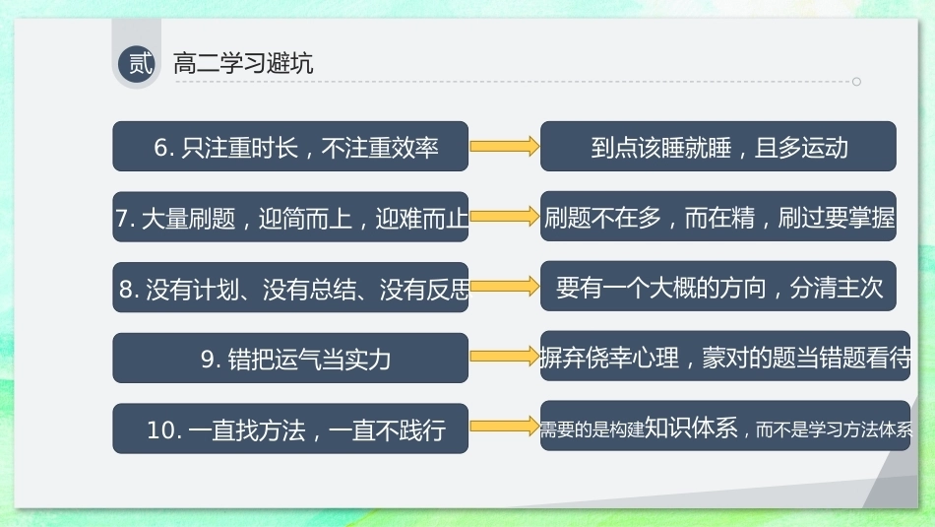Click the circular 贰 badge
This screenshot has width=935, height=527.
click(x=137, y=63)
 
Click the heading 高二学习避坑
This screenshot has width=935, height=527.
click(x=243, y=63)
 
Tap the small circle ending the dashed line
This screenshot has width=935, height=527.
click(x=856, y=82)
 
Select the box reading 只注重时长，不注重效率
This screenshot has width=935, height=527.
click(x=290, y=146)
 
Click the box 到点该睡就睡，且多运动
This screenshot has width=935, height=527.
click(x=717, y=146)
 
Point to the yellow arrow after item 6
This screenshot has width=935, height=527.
click(x=505, y=146)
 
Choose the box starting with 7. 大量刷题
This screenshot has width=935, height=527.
click(x=290, y=217)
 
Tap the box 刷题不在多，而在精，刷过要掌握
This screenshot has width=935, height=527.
click(x=717, y=216)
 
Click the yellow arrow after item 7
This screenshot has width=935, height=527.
click(x=505, y=216)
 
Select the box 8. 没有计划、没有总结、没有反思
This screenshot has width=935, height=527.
click(x=290, y=287)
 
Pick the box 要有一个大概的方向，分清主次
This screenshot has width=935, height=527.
click(x=717, y=286)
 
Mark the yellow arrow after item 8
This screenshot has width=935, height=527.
click(x=505, y=287)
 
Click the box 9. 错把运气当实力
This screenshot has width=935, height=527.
click(x=290, y=359)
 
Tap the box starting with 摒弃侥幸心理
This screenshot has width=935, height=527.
click(x=725, y=357)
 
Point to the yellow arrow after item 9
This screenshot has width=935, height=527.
click(x=505, y=357)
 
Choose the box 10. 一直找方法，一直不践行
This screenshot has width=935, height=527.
click(x=290, y=428)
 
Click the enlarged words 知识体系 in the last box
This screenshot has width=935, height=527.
click(x=691, y=428)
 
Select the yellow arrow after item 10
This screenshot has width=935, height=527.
click(x=505, y=427)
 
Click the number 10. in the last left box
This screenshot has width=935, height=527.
click(x=164, y=429)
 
